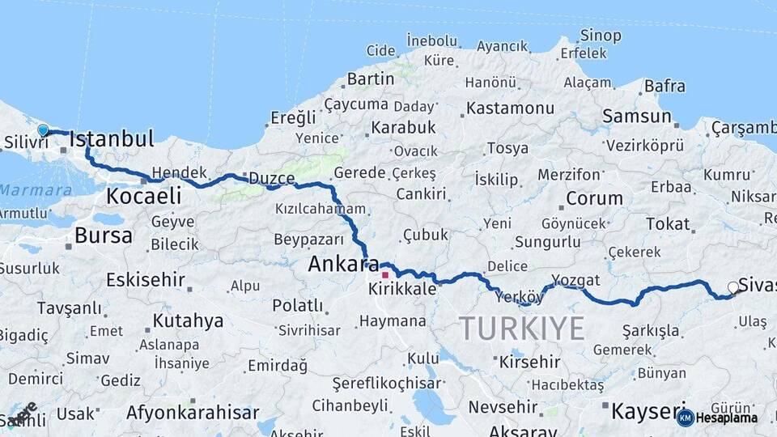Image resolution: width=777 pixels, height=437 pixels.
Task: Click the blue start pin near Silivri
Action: click(x=43, y=129)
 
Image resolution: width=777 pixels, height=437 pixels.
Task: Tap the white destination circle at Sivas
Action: click(x=733, y=287)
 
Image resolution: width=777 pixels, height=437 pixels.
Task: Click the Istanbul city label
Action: click(x=112, y=138)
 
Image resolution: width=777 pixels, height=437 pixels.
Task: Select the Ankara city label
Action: click(x=343, y=264)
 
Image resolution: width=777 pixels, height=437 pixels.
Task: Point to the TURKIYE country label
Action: click(x=521, y=329)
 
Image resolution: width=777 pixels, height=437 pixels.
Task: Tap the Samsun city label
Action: click(x=637, y=117)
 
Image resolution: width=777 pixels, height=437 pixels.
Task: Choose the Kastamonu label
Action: click(x=511, y=108)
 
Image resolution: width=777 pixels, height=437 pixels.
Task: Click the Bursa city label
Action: click(x=103, y=235)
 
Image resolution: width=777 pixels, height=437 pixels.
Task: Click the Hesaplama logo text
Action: click(x=726, y=418)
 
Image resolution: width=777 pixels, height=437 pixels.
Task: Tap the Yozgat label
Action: click(x=575, y=280)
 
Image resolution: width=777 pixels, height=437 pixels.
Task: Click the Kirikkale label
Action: click(x=402, y=289)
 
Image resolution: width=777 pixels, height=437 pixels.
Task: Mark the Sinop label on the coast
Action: click(x=601, y=36)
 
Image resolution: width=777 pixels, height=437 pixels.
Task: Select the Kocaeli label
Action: click(x=143, y=196)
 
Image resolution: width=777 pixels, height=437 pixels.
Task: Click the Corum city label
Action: click(x=594, y=198)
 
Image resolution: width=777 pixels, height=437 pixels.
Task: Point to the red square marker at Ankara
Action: click(x=385, y=274)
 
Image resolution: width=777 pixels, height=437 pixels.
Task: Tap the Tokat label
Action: click(x=668, y=223)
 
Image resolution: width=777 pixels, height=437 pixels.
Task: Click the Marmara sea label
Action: click(x=36, y=190)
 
